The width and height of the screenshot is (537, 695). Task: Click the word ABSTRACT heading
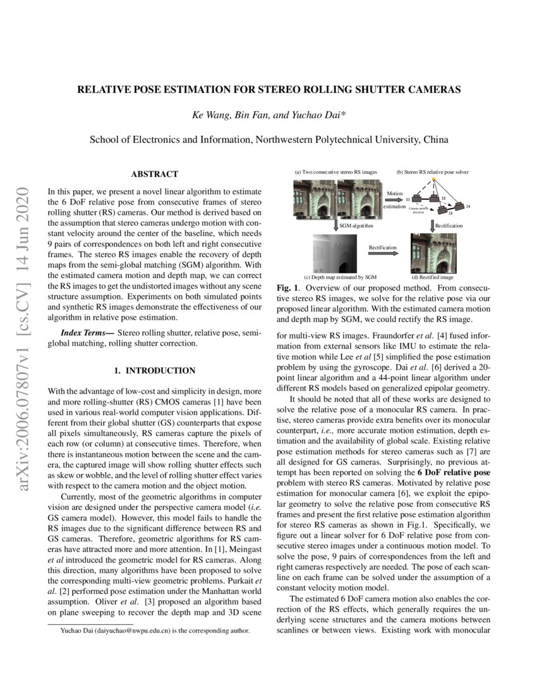click(x=154, y=174)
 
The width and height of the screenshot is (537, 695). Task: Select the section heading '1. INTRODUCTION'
click(x=154, y=370)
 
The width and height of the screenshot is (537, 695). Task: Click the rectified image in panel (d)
click(x=433, y=253)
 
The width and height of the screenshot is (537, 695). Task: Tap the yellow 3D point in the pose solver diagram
click(x=434, y=181)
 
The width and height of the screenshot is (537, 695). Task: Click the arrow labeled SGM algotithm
click(x=334, y=225)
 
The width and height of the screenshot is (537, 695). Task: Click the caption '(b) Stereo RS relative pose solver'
click(x=432, y=172)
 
